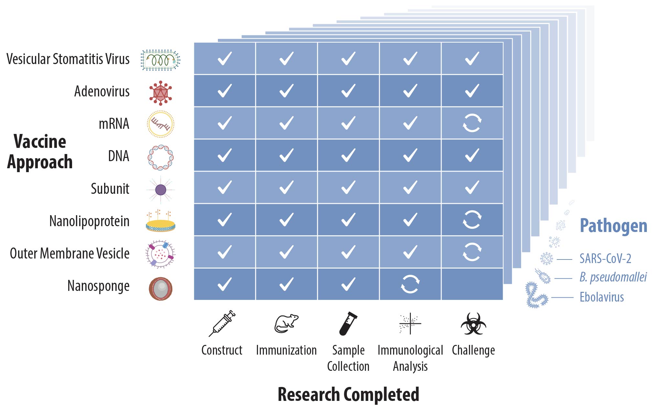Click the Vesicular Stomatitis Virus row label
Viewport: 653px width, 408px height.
coord(68,59)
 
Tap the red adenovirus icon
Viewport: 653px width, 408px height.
coord(160,93)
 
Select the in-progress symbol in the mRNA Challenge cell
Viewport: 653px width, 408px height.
coord(472,123)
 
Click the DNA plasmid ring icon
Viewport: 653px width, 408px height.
coord(160,158)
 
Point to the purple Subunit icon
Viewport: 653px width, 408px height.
coord(161,190)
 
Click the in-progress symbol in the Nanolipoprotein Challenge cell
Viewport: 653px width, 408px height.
coord(472,220)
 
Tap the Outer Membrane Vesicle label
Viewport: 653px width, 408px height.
coord(70,253)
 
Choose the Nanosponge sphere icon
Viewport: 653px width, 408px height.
coord(160,288)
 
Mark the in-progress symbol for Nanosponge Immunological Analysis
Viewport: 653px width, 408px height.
coord(410,284)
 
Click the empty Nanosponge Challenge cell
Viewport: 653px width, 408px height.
coord(472,284)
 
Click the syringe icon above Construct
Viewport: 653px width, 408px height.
coord(222,324)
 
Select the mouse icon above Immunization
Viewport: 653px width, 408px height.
coord(286,324)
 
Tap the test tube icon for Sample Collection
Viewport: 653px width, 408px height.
coord(348,324)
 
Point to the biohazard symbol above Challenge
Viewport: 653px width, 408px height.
coord(473,324)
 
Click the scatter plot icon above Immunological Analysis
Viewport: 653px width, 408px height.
coord(410,324)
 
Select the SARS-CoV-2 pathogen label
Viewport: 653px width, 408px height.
coord(605,259)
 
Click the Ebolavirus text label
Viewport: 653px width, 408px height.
coord(602,297)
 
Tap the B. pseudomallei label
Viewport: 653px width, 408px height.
coord(613,277)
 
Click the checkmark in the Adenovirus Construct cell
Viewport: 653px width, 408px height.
coord(225,91)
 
